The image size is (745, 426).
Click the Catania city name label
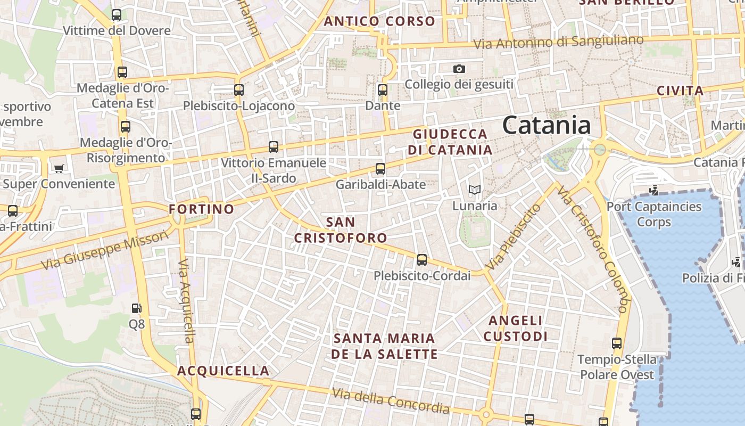[x=546, y=126]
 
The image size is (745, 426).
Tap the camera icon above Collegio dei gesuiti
[x=459, y=69]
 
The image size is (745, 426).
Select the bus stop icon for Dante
[x=383, y=90]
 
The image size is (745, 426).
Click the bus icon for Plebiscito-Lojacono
[x=239, y=90]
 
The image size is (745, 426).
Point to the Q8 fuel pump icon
[x=136, y=308]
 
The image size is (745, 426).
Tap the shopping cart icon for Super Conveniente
[x=59, y=168]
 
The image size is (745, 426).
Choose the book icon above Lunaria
[x=474, y=190]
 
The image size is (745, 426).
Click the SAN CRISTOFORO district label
[x=341, y=230]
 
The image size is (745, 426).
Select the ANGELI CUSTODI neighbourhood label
[x=515, y=328]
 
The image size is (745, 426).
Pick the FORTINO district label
[x=201, y=209]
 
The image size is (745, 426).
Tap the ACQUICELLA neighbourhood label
[x=223, y=371]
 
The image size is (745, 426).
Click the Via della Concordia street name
[x=391, y=401]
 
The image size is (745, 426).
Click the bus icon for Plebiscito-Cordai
[x=422, y=260]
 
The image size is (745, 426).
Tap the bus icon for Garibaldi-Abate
[x=380, y=169]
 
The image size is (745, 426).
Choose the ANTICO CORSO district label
[x=379, y=22]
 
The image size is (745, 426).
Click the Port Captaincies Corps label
[x=654, y=214]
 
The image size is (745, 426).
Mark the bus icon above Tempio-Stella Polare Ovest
[x=617, y=343]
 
